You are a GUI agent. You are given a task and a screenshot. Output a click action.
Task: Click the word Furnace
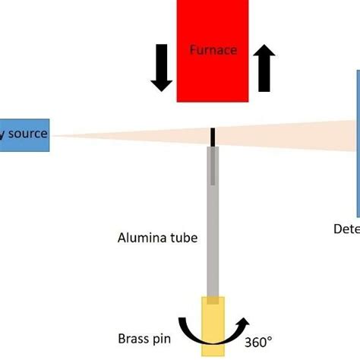click(213, 50)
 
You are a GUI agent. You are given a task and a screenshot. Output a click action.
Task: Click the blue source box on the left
click(24, 135)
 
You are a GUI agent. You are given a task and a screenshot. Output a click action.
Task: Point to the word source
click(28, 134)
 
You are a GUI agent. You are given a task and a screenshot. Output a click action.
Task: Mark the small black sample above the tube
click(213, 136)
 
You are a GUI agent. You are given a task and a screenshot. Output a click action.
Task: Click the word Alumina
click(141, 238)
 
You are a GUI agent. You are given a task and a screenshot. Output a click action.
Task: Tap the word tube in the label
click(185, 238)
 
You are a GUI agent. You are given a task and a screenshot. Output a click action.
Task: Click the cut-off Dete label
click(346, 228)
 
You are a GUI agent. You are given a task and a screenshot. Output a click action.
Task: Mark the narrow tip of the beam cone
click(55, 136)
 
